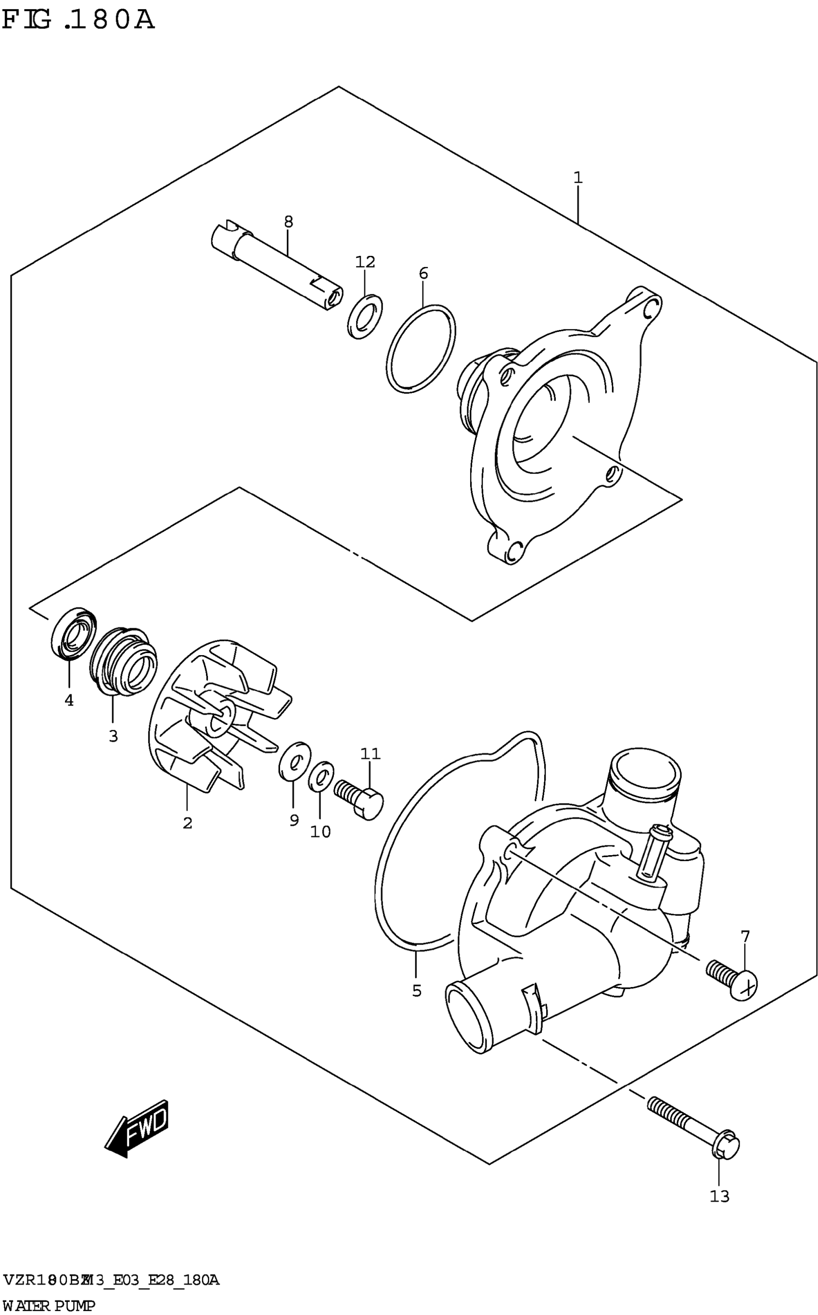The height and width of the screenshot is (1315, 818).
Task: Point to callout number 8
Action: tap(288, 221)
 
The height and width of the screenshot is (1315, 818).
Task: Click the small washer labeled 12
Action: tap(365, 317)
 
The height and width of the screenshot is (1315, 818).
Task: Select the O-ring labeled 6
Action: tap(422, 348)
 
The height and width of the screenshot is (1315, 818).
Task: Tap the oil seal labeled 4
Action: tap(74, 634)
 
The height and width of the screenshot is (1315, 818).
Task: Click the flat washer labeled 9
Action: tap(295, 761)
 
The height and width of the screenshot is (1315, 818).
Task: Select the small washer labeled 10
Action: tap(321, 776)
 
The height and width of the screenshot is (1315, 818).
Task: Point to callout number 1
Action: tap(578, 177)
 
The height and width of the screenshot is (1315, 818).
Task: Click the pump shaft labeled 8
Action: tap(276, 265)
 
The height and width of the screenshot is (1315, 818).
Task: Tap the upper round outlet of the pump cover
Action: tap(644, 776)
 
